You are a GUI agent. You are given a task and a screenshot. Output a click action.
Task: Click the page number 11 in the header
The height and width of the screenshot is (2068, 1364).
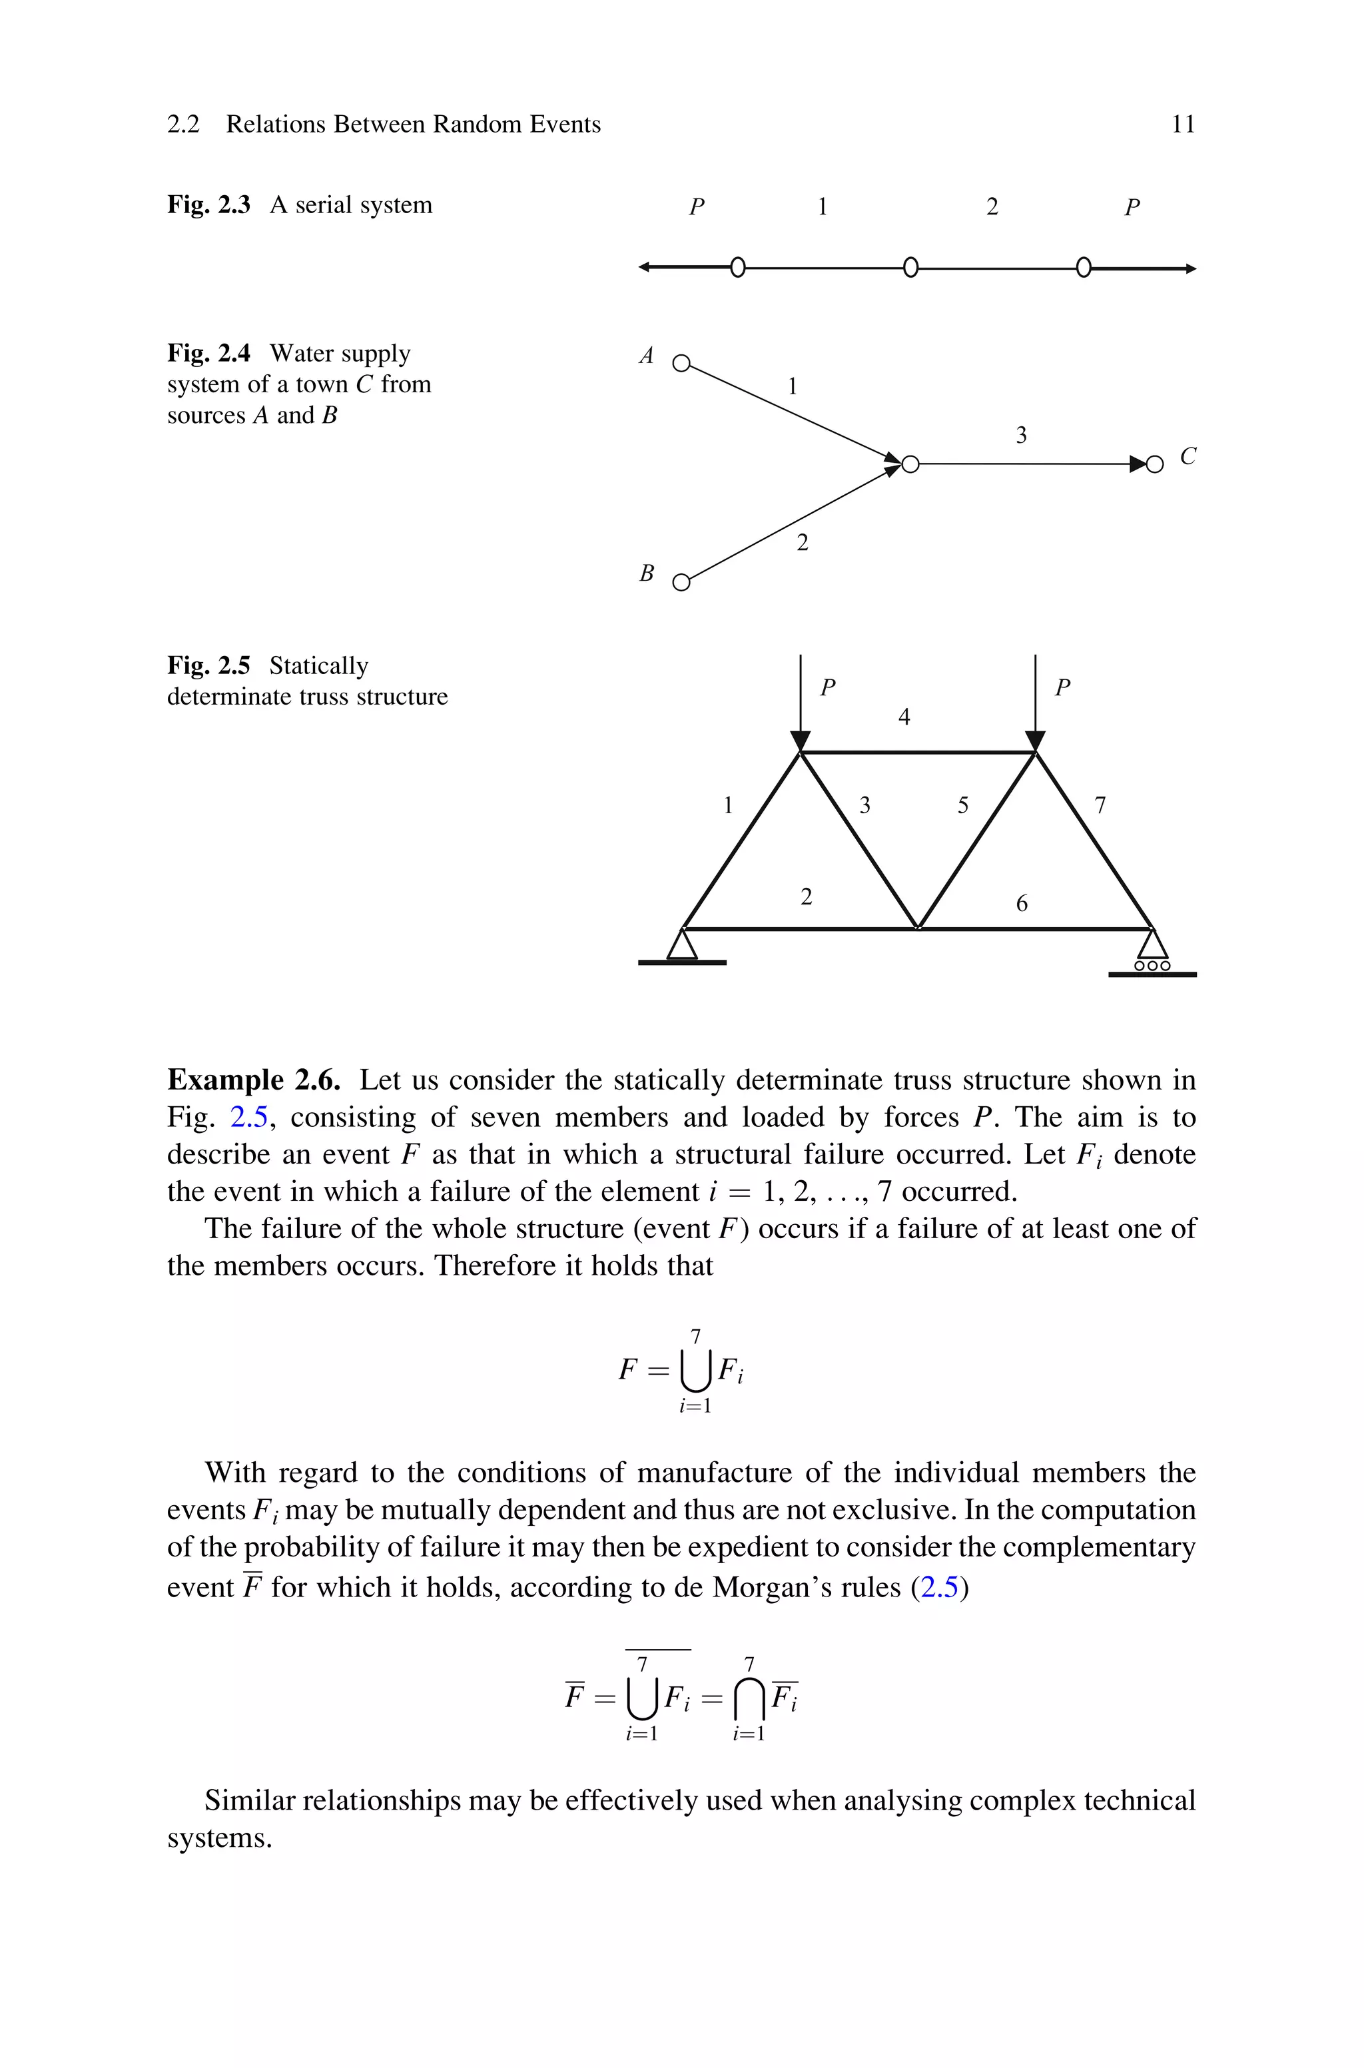coord(1182,125)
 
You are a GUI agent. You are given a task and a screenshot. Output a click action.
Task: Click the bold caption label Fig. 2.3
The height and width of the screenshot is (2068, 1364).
coord(208,205)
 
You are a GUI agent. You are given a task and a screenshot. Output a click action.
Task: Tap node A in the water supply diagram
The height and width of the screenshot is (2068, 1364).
coord(681,362)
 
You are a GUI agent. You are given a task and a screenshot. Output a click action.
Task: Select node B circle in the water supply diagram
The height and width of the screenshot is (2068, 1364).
coord(682,582)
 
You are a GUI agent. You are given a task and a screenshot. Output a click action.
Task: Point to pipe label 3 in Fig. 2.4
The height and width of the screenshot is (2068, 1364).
coord(1021,435)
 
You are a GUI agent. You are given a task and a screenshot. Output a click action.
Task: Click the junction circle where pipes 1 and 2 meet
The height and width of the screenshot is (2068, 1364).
coord(910,464)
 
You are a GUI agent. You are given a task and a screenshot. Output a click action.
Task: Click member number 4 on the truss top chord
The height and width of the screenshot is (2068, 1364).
coord(904,717)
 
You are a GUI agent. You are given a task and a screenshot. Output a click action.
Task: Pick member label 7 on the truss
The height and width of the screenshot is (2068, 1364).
coord(1100,805)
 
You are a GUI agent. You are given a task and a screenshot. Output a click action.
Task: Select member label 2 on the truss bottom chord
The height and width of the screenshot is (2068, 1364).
coord(807,896)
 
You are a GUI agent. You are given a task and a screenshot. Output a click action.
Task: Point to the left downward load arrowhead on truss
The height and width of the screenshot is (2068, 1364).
coord(801,741)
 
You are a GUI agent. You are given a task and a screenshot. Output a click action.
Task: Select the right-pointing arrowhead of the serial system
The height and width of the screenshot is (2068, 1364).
coord(1190,268)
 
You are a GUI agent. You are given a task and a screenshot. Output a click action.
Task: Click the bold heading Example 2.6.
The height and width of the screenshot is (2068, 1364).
coord(253,1080)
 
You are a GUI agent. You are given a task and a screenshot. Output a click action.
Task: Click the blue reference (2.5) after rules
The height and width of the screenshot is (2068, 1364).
coord(940,1587)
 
